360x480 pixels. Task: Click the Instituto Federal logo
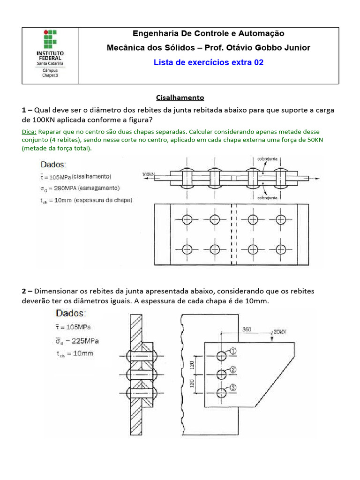51,55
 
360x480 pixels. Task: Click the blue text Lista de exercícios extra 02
209,62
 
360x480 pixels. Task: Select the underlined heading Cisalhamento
180,97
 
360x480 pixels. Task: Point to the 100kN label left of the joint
148,175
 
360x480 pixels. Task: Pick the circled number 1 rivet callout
233,350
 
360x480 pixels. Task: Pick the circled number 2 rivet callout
233,370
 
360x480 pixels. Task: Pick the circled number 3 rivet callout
233,388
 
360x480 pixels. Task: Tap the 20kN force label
280,331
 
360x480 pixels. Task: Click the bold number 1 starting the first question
23,110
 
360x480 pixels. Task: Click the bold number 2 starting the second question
23,291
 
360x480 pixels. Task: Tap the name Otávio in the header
250,48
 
